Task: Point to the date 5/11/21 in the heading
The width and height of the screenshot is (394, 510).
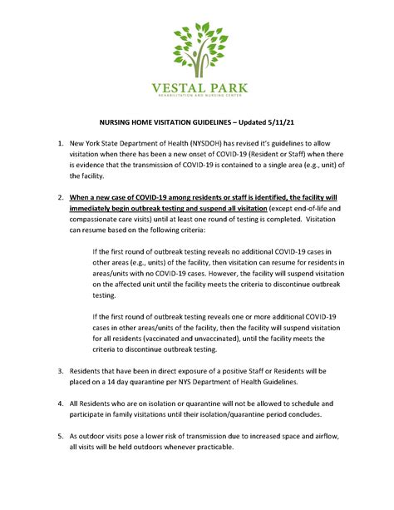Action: [282, 121]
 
